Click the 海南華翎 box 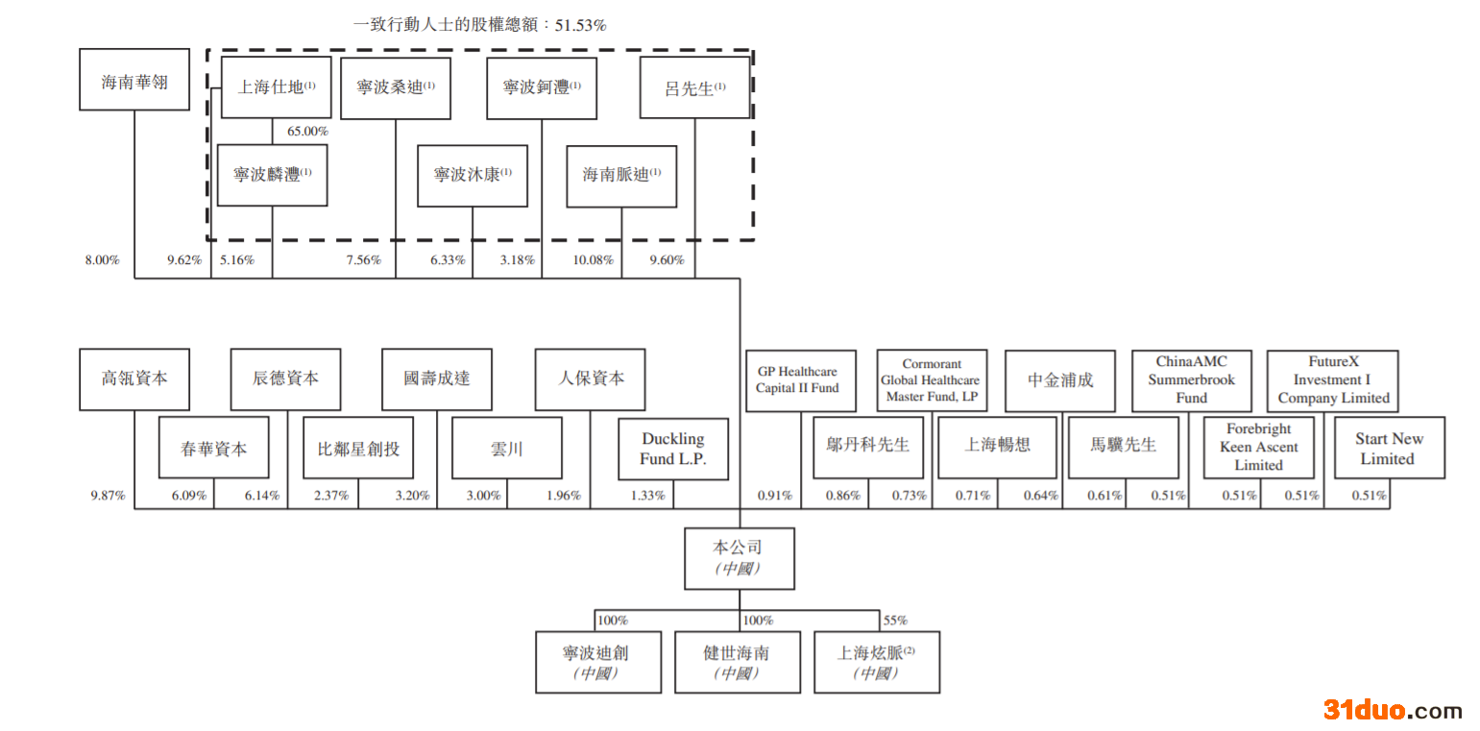coord(134,80)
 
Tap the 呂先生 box coord(694,87)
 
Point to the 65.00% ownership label coord(307,131)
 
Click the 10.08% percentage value coord(593,259)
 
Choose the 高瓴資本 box coord(134,378)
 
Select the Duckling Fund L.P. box coord(672,449)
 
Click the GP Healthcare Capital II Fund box coord(800,379)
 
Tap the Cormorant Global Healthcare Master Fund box coord(932,379)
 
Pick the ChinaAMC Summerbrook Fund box coord(1191,379)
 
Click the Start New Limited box coord(1389,449)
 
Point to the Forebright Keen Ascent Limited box coord(1258,447)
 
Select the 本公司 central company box coord(739,557)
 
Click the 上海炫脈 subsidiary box coord(876,661)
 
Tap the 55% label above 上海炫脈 coord(895,620)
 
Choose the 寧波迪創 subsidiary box coord(597,661)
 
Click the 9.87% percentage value coord(108,495)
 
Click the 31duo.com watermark coord(1392,710)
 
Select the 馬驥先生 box coord(1123,447)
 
